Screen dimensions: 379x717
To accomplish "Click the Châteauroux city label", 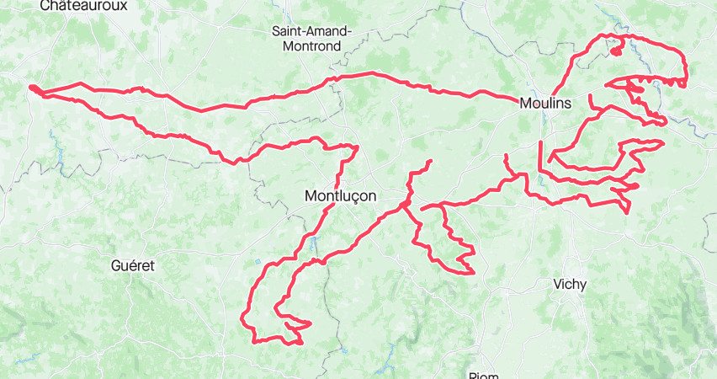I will (x=83, y=5).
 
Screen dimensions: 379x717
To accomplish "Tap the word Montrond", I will (x=312, y=46).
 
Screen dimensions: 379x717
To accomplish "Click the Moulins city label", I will (x=545, y=103).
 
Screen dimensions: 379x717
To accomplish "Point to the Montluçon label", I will (x=339, y=195).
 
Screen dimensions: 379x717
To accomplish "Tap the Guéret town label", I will (x=133, y=264).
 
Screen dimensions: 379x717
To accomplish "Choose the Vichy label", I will (x=570, y=284).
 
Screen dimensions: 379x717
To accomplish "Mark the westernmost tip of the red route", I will (x=30, y=87).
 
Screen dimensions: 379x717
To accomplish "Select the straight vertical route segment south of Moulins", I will (x=539, y=157).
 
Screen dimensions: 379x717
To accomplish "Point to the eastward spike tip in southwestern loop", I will (x=310, y=323).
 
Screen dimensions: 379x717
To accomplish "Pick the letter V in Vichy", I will (x=557, y=284).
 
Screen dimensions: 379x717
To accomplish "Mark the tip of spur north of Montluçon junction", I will (x=430, y=161).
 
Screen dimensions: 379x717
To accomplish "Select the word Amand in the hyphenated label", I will (x=326, y=31).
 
